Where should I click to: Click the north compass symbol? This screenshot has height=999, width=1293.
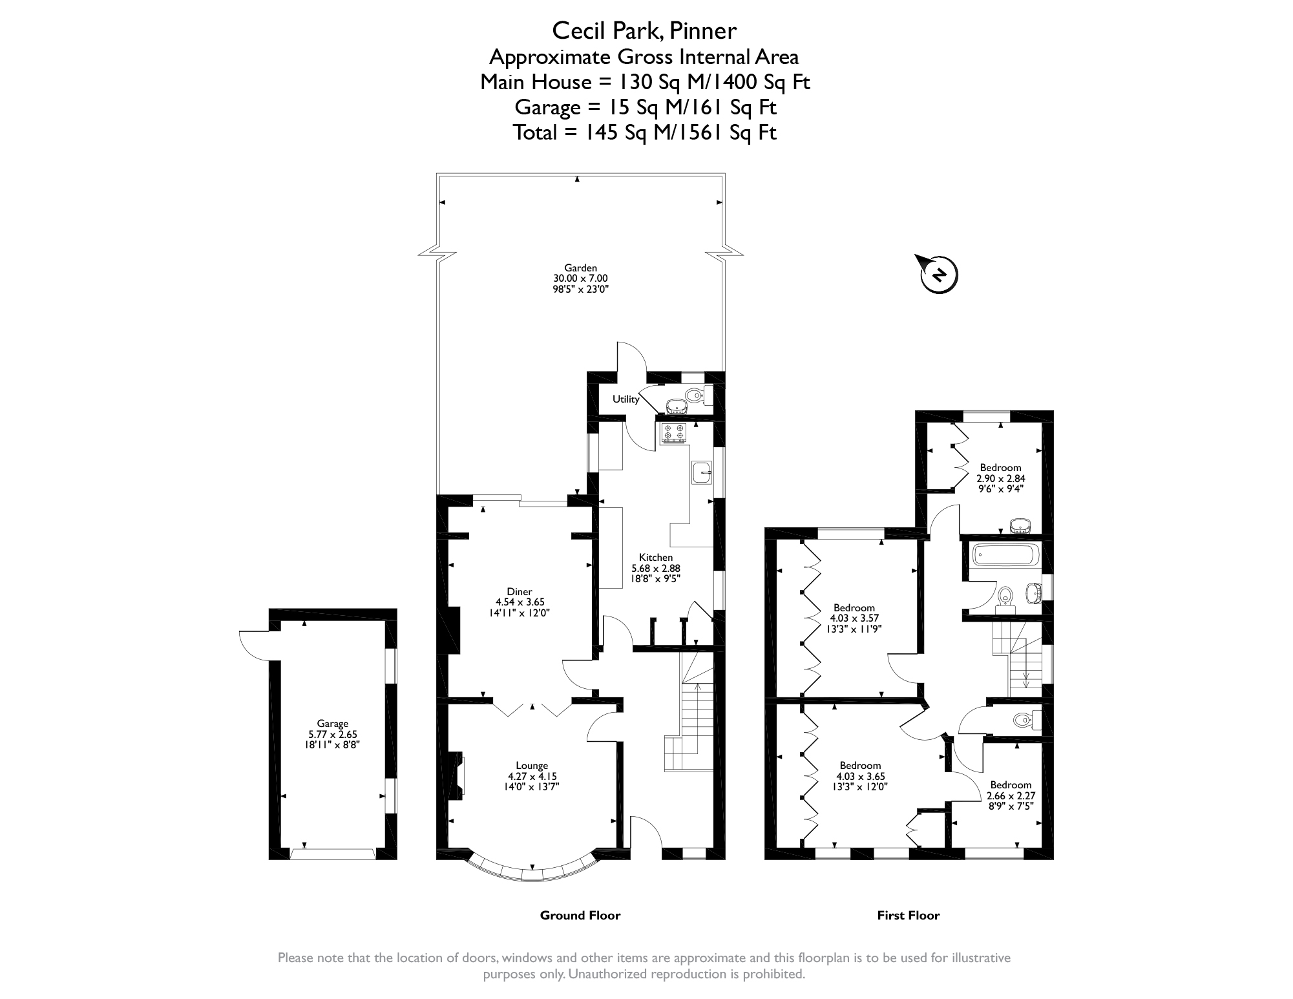coord(938,275)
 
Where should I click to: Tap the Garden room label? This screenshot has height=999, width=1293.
coord(580,268)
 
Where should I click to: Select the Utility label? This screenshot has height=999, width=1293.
coord(625,399)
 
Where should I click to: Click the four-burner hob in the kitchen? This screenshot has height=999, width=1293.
coord(673,433)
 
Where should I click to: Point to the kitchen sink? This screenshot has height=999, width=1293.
coord(702,472)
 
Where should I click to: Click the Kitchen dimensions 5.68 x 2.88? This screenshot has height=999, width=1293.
coord(656,568)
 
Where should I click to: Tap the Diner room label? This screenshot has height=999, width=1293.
coord(520,591)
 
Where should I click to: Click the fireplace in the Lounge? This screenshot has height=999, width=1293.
coord(457,774)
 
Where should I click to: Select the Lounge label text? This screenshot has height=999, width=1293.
coord(532,766)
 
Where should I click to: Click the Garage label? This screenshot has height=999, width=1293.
coord(332,724)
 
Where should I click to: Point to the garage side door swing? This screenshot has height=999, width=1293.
coord(253,645)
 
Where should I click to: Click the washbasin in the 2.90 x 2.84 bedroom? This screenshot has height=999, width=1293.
coord(1020,525)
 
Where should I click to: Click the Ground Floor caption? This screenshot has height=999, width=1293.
coord(580,915)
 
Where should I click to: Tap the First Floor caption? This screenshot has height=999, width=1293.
coord(908,915)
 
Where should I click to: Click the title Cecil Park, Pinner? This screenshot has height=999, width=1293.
coord(644,30)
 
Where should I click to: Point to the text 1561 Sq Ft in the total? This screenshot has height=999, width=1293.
coord(731,132)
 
